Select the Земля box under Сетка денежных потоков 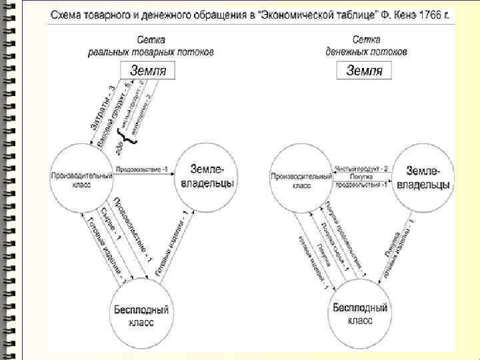(x=365, y=70)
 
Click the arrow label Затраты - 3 (x=103, y=108)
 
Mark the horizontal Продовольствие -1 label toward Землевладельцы (x=142, y=170)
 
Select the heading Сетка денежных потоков (x=366, y=46)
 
